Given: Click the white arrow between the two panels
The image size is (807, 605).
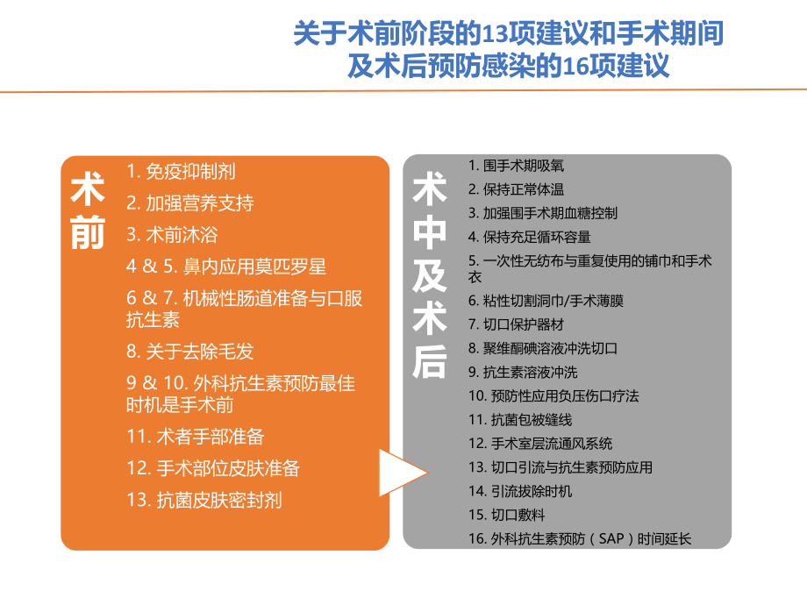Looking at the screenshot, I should point(402,474).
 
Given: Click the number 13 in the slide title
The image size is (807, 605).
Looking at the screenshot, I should point(495,34).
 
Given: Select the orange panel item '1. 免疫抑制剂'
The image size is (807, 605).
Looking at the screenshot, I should point(181,172).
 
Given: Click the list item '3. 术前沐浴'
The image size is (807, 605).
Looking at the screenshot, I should point(172,235).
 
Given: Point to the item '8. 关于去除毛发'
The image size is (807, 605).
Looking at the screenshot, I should point(190,352).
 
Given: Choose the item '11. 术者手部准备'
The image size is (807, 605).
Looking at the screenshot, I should point(196,436).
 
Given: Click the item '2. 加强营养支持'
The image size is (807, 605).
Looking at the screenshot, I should point(190,203).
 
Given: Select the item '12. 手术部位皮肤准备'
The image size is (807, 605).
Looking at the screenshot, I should point(213,468).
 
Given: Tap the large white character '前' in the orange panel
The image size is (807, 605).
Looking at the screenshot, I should point(88,233).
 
